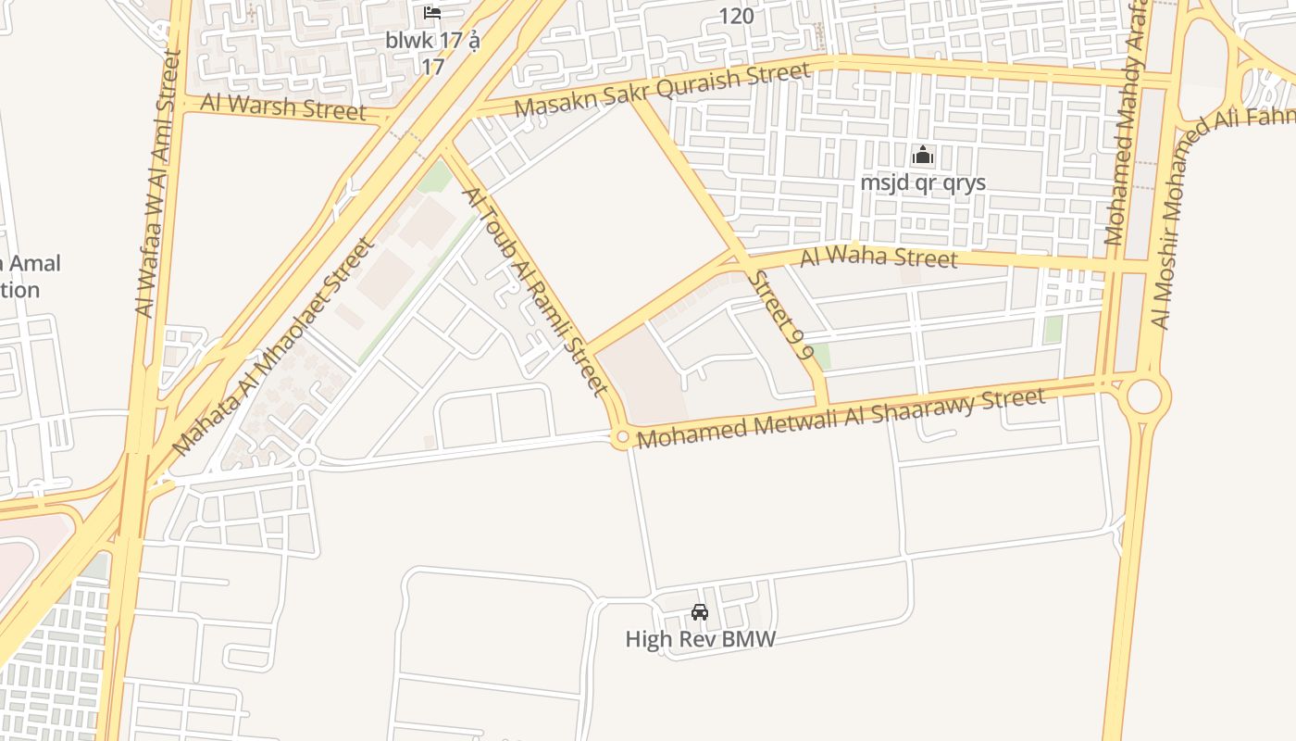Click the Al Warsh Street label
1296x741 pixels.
[283, 107]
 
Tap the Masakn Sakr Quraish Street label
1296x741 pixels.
[662, 88]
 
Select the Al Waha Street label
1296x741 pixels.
[879, 257]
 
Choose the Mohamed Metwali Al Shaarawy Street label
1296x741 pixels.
[841, 419]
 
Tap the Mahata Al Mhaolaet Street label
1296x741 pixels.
[272, 346]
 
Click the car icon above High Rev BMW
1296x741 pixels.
[700, 612]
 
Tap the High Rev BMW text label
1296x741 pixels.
[700, 639]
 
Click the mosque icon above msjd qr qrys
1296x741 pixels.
[922, 156]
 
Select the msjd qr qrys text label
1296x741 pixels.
[922, 182]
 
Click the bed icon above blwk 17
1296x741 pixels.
[432, 13]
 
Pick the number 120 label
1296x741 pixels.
[736, 16]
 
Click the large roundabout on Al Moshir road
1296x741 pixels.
[1144, 397]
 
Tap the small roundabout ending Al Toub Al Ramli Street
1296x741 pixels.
[622, 437]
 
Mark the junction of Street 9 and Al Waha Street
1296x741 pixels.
[739, 257]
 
